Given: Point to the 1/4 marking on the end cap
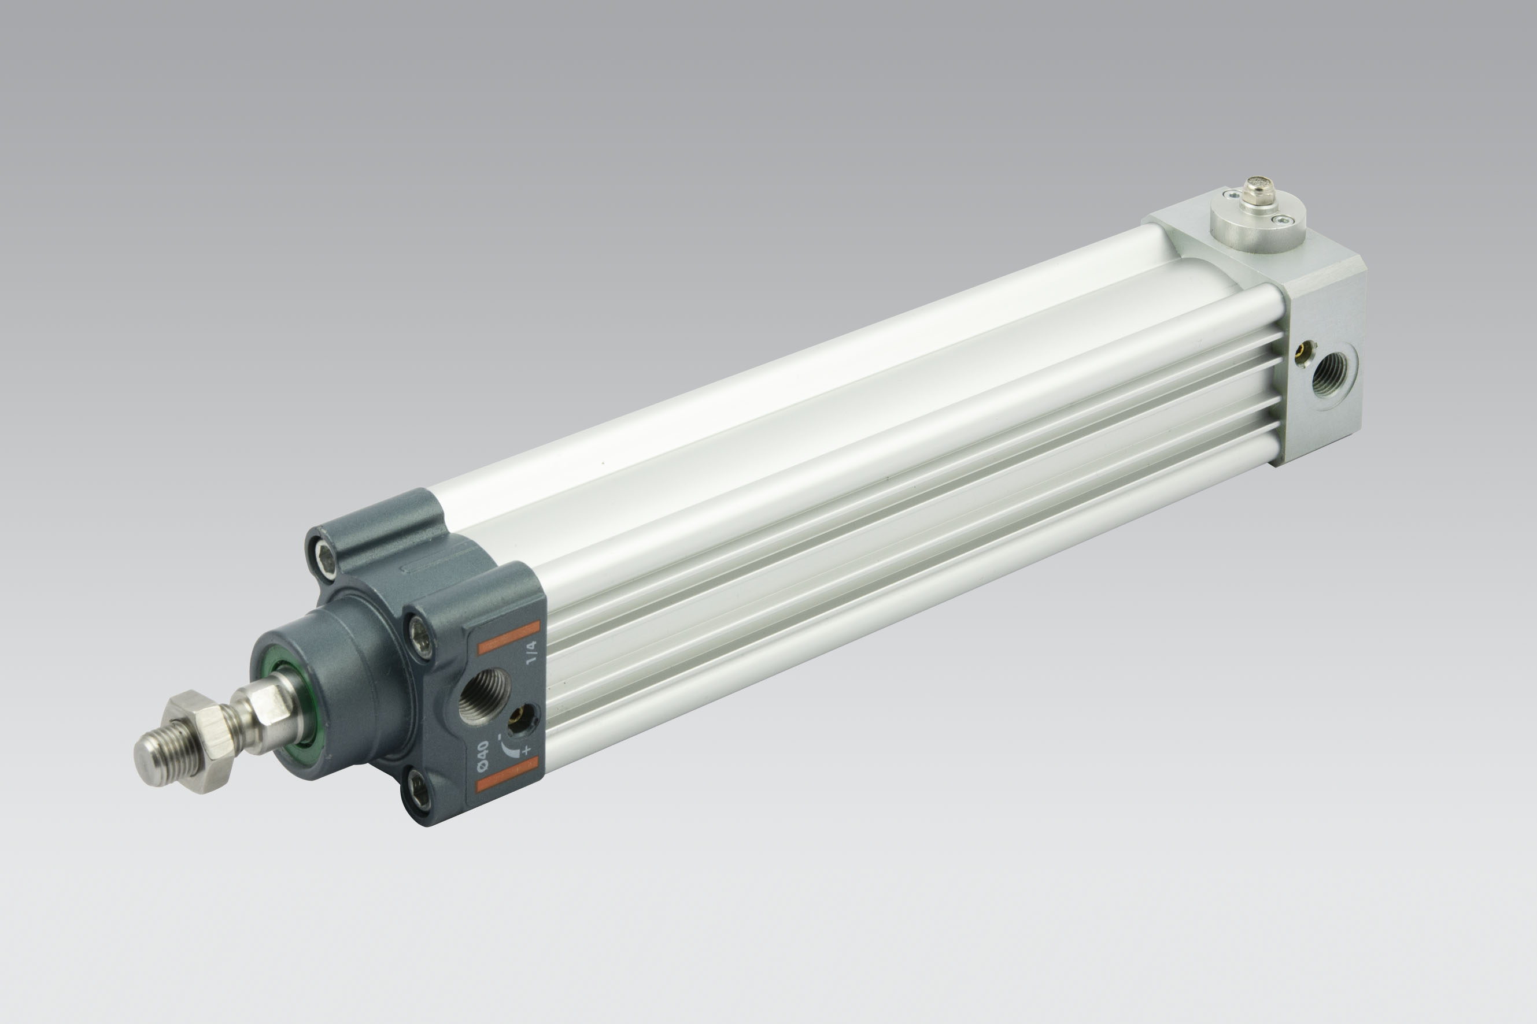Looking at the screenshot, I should click(531, 652).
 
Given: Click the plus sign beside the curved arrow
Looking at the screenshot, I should click(527, 750).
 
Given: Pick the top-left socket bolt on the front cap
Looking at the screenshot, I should click(327, 556).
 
